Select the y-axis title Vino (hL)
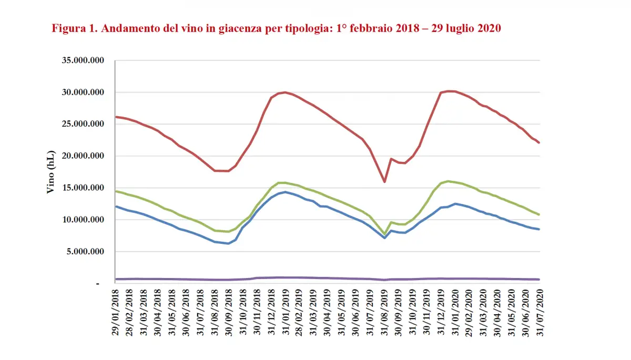[51, 170]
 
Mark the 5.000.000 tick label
[87, 252]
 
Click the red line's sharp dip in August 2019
[384, 182]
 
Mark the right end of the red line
[540, 142]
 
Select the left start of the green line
[116, 191]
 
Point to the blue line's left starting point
[116, 207]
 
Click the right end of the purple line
[540, 279]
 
